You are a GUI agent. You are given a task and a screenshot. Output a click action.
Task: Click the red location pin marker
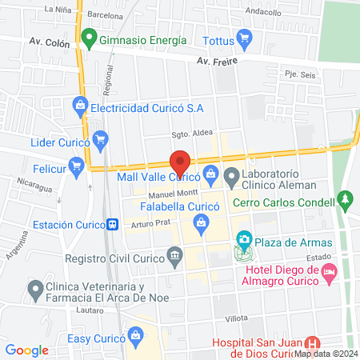181,161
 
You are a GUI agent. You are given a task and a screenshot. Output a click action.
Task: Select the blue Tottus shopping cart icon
245,38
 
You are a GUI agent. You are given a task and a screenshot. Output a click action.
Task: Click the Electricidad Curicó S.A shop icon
79,105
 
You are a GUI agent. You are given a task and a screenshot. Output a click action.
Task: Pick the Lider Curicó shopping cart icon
100,139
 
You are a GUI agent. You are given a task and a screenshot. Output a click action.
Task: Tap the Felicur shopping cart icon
76,166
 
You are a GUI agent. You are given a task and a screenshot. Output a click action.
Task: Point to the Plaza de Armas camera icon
243,239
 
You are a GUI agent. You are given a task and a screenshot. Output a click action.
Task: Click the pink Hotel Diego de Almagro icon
328,274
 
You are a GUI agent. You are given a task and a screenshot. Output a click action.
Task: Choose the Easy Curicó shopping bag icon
136,334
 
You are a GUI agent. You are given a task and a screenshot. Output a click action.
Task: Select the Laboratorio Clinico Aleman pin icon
232,174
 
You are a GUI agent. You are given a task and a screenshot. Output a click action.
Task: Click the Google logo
27,350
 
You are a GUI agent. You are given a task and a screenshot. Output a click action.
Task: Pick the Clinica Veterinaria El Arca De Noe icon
34,287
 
